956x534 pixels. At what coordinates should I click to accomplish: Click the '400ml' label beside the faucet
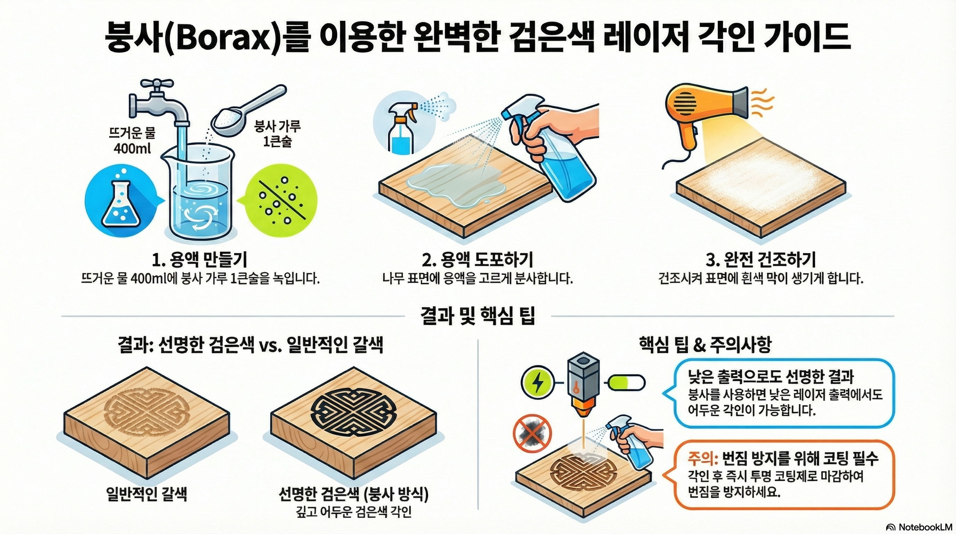[132, 149]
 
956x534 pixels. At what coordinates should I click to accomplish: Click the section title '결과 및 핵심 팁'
[478, 316]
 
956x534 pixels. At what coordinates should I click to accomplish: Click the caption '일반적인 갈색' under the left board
[146, 494]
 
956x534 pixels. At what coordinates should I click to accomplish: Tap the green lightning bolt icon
[537, 383]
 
